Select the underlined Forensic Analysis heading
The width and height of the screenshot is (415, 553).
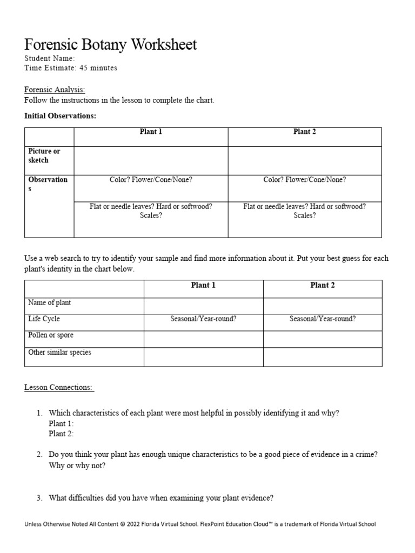(x=55, y=90)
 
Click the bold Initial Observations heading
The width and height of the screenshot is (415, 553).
(x=61, y=116)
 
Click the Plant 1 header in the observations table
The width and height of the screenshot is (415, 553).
(x=151, y=132)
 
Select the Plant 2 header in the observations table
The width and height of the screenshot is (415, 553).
(x=304, y=132)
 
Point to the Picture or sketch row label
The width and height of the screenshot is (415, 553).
(x=44, y=156)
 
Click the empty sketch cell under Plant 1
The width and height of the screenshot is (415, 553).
(x=151, y=161)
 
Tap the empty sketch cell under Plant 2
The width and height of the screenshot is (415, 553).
(x=304, y=161)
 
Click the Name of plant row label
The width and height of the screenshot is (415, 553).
(x=49, y=303)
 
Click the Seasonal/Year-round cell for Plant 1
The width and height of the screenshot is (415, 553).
(x=203, y=319)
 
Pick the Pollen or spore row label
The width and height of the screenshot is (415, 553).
(x=51, y=335)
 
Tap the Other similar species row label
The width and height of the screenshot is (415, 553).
(x=59, y=353)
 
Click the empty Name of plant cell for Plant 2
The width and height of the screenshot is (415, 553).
(x=323, y=306)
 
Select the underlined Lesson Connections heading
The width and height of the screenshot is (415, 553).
(x=59, y=387)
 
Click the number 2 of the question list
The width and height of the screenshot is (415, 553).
(x=39, y=455)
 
